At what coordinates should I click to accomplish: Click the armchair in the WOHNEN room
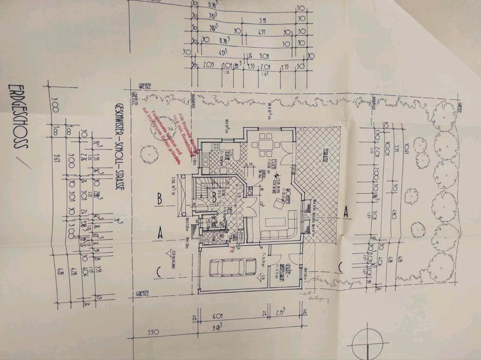pyautogui.click(x=278, y=203)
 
